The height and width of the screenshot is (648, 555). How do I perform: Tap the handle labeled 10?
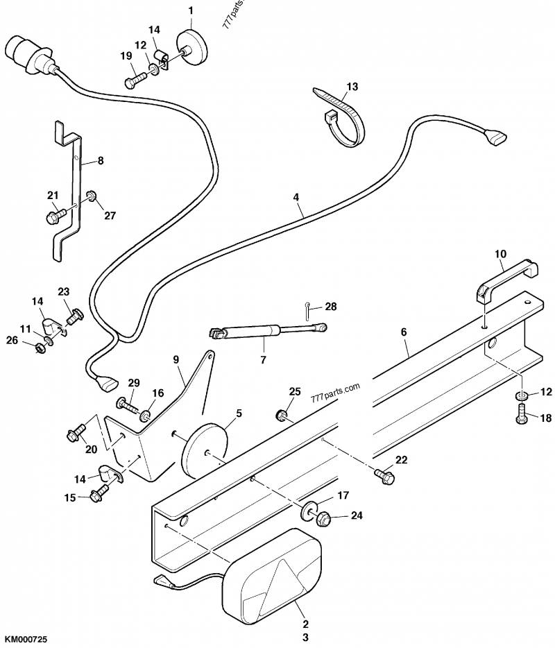click(507, 277)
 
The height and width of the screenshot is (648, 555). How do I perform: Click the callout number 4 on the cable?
click(296, 197)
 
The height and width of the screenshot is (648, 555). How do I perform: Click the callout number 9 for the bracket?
click(176, 359)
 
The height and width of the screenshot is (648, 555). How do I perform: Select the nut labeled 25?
click(282, 416)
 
